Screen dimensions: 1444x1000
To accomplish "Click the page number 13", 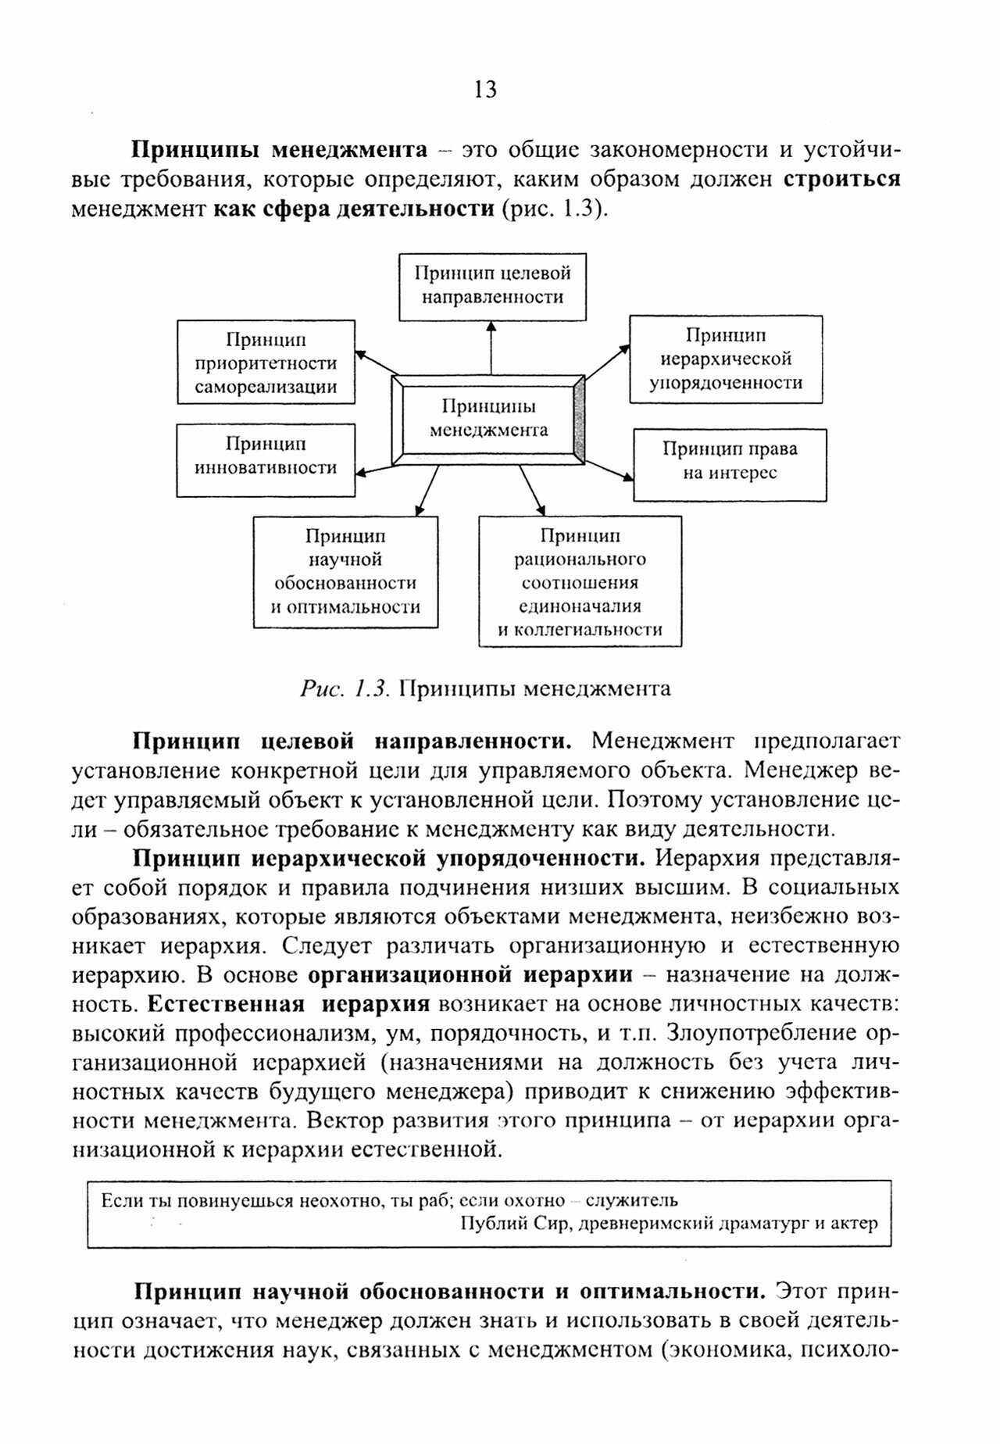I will pos(485,90).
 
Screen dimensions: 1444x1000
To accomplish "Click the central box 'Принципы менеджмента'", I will pos(489,419).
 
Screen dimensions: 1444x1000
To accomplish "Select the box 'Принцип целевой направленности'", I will pos(492,286).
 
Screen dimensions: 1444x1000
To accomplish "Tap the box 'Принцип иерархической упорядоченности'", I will pos(726,359).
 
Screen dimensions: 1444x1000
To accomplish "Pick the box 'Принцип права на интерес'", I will pos(730,464).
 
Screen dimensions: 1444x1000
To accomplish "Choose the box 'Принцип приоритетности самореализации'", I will pos(266,362).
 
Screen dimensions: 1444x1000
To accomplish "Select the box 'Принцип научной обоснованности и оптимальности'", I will pos(345,572).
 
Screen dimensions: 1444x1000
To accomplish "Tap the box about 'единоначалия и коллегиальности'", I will pos(580,581).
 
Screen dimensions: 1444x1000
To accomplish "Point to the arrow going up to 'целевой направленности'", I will pos(491,347).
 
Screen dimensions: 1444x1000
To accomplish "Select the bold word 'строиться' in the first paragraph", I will pos(841,179).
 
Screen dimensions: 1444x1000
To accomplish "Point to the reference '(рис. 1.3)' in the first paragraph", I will pos(554,209).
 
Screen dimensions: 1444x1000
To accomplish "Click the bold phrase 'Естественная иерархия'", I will pos(289,1004).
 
